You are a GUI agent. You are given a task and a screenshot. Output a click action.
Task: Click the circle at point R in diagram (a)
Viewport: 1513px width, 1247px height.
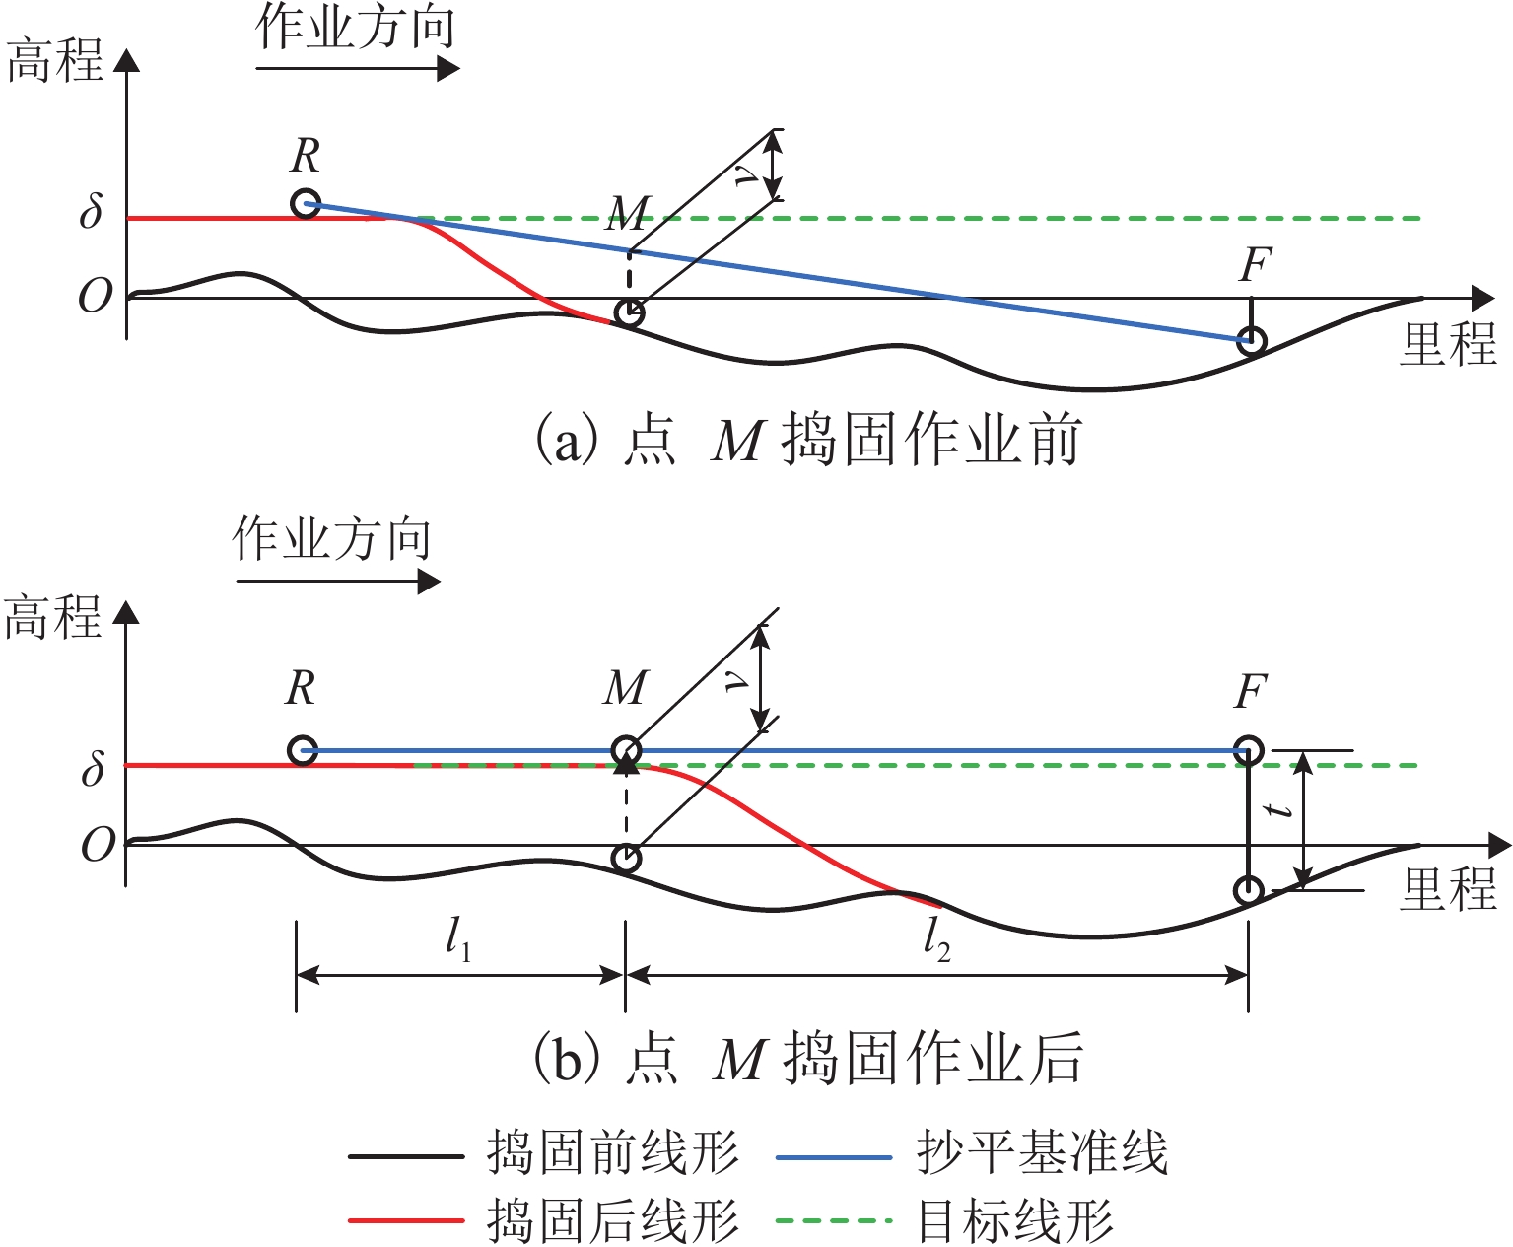[307, 204]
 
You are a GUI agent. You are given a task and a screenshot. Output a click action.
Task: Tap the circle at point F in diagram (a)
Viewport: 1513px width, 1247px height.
[1252, 341]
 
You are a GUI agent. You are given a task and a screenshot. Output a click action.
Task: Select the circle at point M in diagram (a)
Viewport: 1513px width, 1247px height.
[629, 313]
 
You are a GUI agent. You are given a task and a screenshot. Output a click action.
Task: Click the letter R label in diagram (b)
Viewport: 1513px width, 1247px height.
[302, 688]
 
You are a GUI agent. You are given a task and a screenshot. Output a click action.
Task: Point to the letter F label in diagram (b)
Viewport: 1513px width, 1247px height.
[1250, 692]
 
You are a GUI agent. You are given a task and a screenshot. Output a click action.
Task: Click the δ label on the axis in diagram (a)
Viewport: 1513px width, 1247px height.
[92, 213]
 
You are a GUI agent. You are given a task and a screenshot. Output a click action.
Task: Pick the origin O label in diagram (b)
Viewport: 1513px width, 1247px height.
[98, 845]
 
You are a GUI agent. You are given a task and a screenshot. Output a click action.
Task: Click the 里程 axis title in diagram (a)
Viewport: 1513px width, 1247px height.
[1448, 345]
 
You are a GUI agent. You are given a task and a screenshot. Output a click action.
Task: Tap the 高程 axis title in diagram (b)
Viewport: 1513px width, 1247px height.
[54, 619]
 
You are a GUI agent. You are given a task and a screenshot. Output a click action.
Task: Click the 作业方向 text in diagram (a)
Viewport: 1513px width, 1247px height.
[356, 28]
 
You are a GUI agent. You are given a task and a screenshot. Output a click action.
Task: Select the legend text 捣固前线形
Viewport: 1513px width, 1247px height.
[612, 1152]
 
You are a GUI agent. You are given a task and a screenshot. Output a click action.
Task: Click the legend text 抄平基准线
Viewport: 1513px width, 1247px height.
[1042, 1152]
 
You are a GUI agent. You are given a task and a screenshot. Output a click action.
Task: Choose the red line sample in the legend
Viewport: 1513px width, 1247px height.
[406, 1221]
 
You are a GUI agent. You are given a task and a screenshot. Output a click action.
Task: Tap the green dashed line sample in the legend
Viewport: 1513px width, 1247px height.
[834, 1221]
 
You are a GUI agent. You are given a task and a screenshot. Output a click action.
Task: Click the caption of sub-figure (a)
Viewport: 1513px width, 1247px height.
[807, 441]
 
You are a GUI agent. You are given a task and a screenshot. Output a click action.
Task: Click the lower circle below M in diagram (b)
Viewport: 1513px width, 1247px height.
[626, 859]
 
